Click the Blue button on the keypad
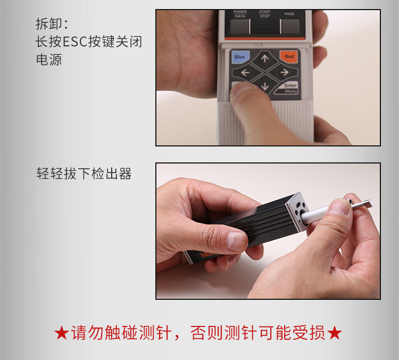coord(240,57)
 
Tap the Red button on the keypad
coord(288,56)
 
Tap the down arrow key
coord(264,86)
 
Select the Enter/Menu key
coord(289,88)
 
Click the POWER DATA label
coord(240,14)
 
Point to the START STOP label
coord(264,14)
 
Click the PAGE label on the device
coord(289,14)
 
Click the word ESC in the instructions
coord(75,42)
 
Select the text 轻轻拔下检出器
coord(84,174)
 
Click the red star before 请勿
coord(61,333)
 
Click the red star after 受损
coord(334,333)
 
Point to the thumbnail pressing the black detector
coord(236,241)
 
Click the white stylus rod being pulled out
coord(315,214)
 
